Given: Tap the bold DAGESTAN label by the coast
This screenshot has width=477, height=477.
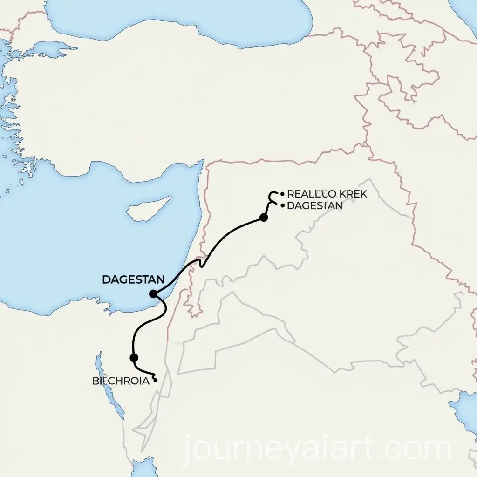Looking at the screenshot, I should tap(133, 279).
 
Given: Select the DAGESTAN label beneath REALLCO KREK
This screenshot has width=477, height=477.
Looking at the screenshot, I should tap(315, 205).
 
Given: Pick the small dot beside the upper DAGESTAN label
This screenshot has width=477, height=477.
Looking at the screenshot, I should tap(283, 204).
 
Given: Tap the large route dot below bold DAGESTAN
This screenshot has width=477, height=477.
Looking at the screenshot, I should tap(153, 293).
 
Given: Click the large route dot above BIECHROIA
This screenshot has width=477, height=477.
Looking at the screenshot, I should tap(134, 358).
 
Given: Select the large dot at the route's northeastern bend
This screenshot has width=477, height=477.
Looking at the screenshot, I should tap(264, 217).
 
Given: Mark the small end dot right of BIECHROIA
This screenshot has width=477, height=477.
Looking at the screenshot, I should tap(155, 380).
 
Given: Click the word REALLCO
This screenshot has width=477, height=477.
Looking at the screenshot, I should tap(310, 194).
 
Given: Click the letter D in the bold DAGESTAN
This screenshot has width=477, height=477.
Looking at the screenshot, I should tap(105, 279).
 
